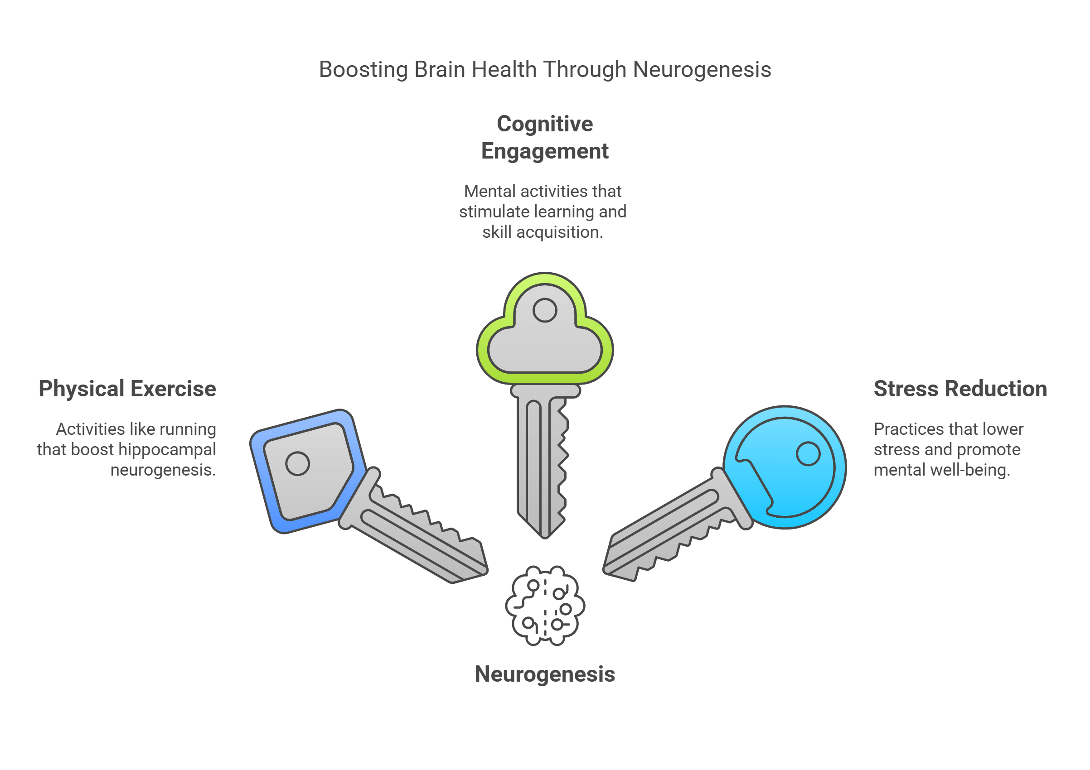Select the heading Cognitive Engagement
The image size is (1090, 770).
[544, 138]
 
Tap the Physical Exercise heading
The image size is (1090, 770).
[127, 389]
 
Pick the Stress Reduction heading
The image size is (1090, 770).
[960, 389]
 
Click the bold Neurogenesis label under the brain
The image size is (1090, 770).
[544, 674]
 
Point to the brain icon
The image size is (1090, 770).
[544, 606]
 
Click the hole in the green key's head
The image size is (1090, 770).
[544, 310]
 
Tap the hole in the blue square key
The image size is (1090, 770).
[298, 463]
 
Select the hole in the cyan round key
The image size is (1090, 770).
[808, 453]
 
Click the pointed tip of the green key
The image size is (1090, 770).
[544, 536]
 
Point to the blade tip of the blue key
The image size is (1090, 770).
[484, 569]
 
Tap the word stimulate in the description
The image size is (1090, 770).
[494, 212]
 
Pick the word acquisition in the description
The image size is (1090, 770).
[559, 232]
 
